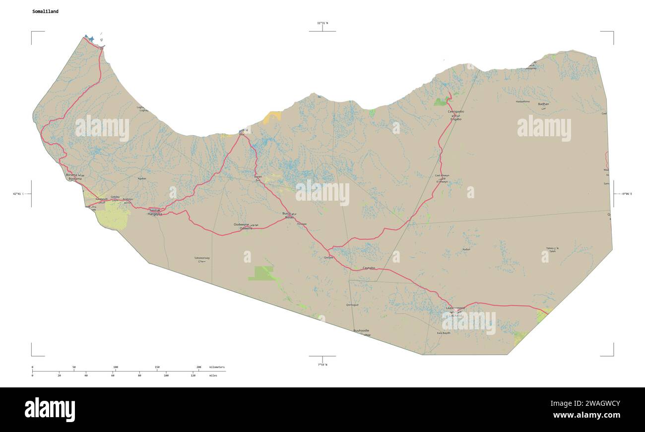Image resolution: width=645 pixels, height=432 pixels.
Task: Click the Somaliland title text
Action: pyautogui.click(x=45, y=11)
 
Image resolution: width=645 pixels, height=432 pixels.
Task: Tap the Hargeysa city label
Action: pyautogui.click(x=154, y=214)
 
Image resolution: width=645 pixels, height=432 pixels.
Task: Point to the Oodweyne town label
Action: pyautogui.click(x=243, y=228)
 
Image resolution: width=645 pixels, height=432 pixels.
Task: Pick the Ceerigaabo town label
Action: pyautogui.click(x=455, y=112)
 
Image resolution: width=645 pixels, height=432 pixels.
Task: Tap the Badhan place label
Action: pyautogui.click(x=543, y=104)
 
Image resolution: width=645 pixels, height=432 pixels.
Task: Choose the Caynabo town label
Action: pyautogui.click(x=369, y=268)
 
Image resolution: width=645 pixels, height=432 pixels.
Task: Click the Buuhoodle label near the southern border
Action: pyautogui.click(x=361, y=330)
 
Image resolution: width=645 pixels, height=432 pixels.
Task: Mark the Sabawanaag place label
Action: pyautogui.click(x=202, y=258)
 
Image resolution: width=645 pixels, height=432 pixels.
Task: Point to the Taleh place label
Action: pyautogui.click(x=552, y=252)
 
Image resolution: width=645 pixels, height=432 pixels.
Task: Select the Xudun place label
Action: pyautogui.click(x=466, y=249)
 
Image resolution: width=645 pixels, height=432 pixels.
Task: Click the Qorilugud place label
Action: pyautogui.click(x=352, y=305)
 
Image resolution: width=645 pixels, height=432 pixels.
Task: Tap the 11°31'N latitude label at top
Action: pyautogui.click(x=322, y=23)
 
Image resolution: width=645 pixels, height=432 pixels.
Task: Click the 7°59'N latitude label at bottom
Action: pyautogui.click(x=322, y=365)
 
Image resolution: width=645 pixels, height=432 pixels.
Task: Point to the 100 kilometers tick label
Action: pyautogui.click(x=115, y=367)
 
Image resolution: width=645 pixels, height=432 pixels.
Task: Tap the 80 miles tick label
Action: pyautogui.click(x=139, y=376)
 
